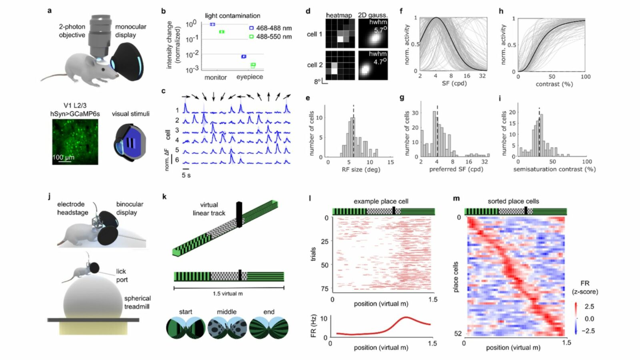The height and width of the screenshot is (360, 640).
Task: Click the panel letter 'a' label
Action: click(50, 11)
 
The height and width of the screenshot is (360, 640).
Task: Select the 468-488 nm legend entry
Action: click(270, 28)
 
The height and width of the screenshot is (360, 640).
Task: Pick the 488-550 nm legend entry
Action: click(270, 36)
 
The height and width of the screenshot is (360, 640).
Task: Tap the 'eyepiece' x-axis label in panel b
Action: click(250, 77)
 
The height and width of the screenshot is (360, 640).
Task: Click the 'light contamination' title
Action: click(232, 16)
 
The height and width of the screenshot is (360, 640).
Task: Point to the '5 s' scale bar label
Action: click(186, 175)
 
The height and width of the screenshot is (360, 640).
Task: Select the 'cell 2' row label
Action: click(314, 65)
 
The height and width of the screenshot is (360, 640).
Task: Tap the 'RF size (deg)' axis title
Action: click(361, 170)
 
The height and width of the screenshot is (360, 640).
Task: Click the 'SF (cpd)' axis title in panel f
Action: click(454, 83)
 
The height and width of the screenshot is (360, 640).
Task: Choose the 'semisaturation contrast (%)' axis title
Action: click(554, 169)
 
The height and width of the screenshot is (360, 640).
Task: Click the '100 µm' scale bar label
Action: click(63, 157)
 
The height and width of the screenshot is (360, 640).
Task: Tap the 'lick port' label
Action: click(122, 276)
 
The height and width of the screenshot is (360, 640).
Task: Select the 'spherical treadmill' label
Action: click(137, 302)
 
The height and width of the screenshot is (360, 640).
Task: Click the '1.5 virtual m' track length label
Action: click(228, 294)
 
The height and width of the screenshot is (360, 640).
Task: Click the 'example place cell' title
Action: click(380, 201)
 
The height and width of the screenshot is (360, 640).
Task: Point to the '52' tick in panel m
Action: click(458, 333)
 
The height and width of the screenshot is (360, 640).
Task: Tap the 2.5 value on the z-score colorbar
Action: click(589, 306)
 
